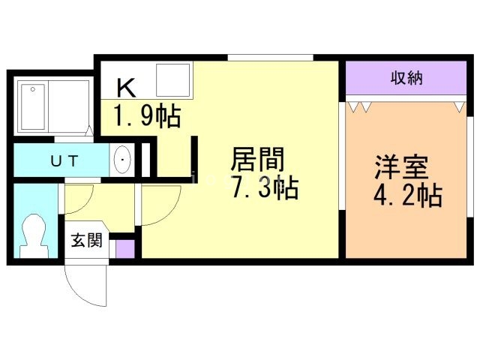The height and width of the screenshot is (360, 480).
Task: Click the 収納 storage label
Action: click(406, 78)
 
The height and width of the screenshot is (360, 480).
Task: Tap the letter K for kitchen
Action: click(125, 88)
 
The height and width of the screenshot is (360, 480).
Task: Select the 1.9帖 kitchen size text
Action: click(147, 116)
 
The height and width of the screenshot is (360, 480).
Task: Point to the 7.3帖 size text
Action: click(265, 188)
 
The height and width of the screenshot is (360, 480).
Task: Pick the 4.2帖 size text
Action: click(407, 196)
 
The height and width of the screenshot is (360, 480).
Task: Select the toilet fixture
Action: click(34, 235)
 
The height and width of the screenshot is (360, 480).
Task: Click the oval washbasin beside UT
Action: click(122, 160)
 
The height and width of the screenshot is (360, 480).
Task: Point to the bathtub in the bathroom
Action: click(33, 108)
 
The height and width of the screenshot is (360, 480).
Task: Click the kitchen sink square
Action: click(172, 79)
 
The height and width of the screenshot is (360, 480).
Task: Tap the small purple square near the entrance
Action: click(124, 248)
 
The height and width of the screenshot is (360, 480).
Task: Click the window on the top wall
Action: click(270, 57)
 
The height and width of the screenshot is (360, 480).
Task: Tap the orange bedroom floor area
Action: click(405, 225)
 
